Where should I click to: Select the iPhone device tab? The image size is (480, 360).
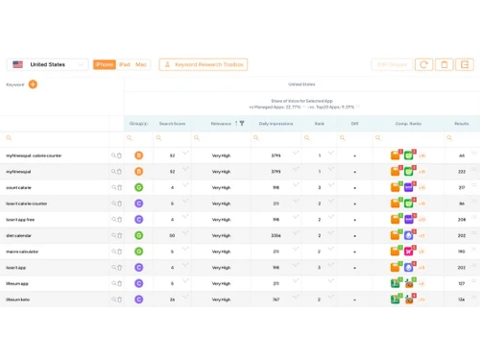[105, 64]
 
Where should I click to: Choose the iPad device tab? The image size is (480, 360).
[125, 64]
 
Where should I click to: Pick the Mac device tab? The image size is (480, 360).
[141, 64]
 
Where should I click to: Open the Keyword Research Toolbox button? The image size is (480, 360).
[204, 64]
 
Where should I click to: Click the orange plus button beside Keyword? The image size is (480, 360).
[34, 84]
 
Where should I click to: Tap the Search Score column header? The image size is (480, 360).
[172, 124]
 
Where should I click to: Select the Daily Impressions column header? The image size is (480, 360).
[276, 124]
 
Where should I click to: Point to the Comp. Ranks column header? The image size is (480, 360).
[408, 124]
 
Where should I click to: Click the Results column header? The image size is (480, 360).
[462, 124]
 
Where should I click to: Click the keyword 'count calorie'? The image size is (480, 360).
[20, 187]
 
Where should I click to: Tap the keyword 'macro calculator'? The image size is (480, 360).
[24, 252]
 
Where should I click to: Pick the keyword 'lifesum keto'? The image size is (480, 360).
[19, 300]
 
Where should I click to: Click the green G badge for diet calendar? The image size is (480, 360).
[139, 235]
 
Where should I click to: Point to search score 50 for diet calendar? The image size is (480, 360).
[172, 235]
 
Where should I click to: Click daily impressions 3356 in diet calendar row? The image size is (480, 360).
[276, 235]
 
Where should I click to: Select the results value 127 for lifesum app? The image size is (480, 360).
[462, 283]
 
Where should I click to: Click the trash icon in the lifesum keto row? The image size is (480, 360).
[120, 300]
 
